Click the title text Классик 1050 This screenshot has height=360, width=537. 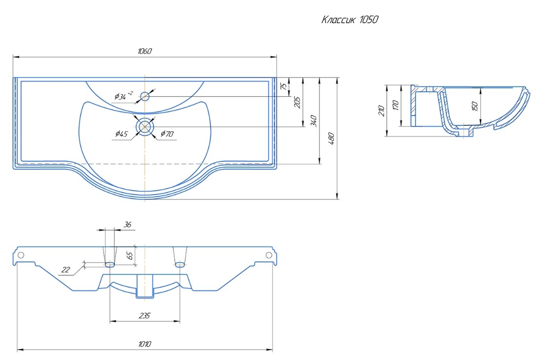(x=350, y=20)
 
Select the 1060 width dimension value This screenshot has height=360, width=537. (x=144, y=51)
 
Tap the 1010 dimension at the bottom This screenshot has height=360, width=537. (x=144, y=344)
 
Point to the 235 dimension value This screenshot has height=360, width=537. (x=144, y=315)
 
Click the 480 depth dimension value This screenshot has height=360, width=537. (x=331, y=139)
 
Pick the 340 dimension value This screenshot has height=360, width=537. (x=314, y=121)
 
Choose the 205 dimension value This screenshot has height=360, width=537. (x=297, y=103)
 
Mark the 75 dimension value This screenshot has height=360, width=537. (x=283, y=86)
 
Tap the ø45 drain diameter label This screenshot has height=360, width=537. (x=121, y=134)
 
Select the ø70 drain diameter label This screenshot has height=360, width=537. (x=167, y=134)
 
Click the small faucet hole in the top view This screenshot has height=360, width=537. (x=145, y=96)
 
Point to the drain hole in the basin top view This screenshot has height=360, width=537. (x=145, y=127)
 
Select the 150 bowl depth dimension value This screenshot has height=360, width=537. (x=475, y=106)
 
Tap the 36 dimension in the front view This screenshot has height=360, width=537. (x=127, y=225)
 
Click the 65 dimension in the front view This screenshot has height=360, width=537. (x=130, y=255)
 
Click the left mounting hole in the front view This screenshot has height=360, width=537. (x=21, y=255)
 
